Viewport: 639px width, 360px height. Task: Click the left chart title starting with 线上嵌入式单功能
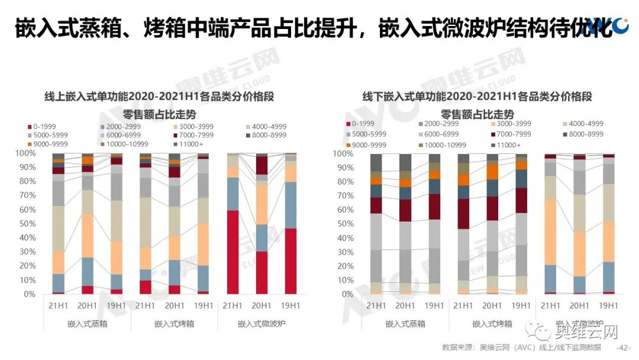159,97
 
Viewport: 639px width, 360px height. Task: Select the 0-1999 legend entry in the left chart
44,127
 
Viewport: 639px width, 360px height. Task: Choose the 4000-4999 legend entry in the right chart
583,124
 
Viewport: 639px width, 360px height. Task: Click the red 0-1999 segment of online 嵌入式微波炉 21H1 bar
233,252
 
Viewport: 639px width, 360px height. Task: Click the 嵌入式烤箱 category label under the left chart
174,324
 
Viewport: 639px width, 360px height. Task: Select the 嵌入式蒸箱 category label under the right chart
405,324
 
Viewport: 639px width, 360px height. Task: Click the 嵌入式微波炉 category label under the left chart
262,324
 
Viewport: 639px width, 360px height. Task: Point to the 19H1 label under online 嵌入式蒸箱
116,306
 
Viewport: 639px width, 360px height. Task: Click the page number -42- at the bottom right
624,348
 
